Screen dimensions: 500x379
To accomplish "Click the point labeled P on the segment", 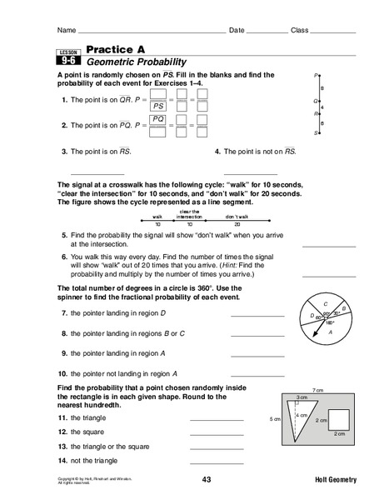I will (x=318, y=76).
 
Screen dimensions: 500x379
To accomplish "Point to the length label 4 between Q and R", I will (x=323, y=107).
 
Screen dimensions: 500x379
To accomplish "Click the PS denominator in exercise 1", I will (x=156, y=107).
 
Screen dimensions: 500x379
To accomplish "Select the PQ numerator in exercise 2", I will (x=156, y=120).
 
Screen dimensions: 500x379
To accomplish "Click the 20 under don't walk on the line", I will (x=237, y=225).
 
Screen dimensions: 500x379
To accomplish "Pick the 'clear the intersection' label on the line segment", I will (x=190, y=212).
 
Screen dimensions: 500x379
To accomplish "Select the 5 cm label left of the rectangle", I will (x=272, y=419).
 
